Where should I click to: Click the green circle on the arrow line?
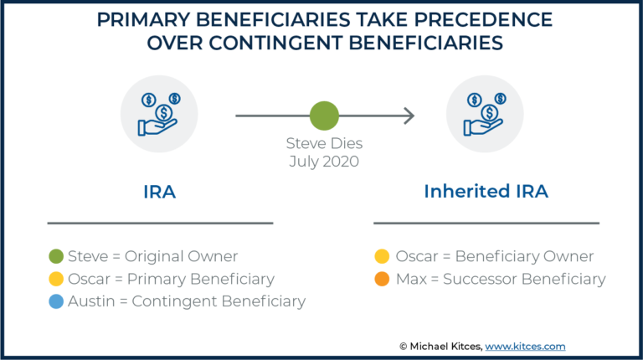click(x=324, y=116)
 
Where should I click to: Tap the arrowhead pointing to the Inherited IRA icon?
click(x=409, y=116)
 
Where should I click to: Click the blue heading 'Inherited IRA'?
click(x=486, y=191)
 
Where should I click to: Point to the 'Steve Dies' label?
click(x=324, y=144)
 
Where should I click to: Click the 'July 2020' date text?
click(x=324, y=162)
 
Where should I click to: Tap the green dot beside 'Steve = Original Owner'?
click(x=57, y=257)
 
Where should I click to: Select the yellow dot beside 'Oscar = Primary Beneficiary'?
click(x=57, y=279)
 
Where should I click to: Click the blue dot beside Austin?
click(x=57, y=301)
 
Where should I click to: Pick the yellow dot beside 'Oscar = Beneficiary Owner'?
click(x=382, y=257)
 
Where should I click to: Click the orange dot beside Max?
click(x=382, y=279)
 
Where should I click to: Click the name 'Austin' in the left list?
click(x=90, y=301)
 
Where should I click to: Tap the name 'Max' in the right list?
click(x=410, y=279)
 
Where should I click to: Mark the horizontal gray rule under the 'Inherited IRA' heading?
click(x=486, y=223)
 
